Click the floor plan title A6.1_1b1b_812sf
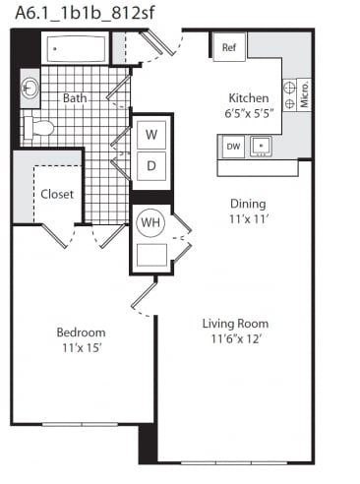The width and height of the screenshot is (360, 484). pyautogui.click(x=85, y=14)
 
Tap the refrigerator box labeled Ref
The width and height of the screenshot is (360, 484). pyautogui.click(x=229, y=47)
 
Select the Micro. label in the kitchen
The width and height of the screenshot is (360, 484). pyautogui.click(x=304, y=94)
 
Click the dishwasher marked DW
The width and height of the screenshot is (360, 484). pyautogui.click(x=233, y=147)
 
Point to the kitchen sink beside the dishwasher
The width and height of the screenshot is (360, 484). pyautogui.click(x=261, y=147)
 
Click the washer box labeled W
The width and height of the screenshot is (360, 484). pyautogui.click(x=151, y=135)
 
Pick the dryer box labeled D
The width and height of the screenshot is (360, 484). pyautogui.click(x=151, y=165)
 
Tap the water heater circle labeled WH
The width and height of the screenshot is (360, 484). pyautogui.click(x=150, y=222)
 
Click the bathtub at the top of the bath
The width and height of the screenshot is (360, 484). pyautogui.click(x=76, y=49)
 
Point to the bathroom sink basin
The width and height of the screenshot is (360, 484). pyautogui.click(x=30, y=88)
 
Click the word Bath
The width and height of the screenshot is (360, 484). pyautogui.click(x=75, y=97)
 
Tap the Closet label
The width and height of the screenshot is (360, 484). pyautogui.click(x=57, y=194)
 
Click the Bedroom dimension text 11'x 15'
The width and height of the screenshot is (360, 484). pyautogui.click(x=82, y=347)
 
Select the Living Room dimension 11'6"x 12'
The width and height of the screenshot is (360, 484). pyautogui.click(x=236, y=338)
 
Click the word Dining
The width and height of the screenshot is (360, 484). pyautogui.click(x=248, y=204)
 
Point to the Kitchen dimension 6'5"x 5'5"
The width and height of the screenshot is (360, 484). pyautogui.click(x=249, y=113)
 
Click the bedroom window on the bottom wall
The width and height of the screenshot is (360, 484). pyautogui.click(x=80, y=424)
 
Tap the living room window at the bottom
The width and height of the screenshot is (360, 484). pyautogui.click(x=234, y=462)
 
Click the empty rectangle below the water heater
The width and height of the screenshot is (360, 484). pyautogui.click(x=151, y=255)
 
